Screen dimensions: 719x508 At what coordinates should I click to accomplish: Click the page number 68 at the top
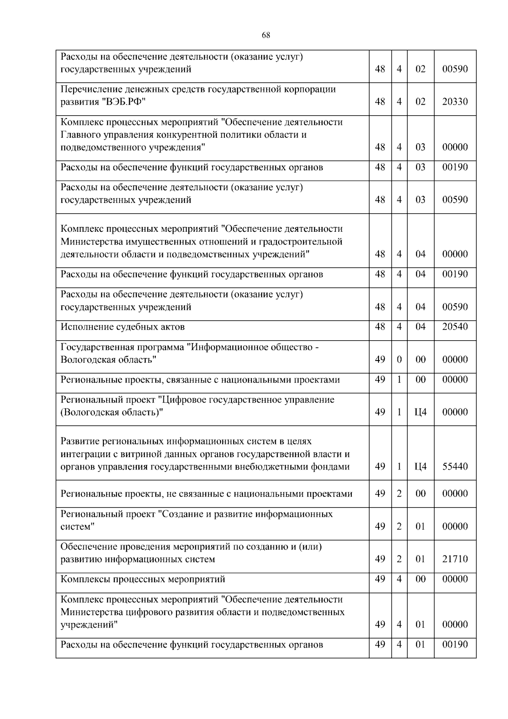click(266, 35)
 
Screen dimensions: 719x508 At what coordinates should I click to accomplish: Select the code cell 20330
click(455, 102)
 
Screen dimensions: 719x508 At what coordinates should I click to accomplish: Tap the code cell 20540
click(455, 327)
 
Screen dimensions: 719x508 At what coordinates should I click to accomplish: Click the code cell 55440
click(455, 466)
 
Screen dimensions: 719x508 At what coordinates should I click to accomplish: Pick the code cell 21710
click(455, 559)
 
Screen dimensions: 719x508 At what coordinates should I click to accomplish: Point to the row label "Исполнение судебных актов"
click(123, 327)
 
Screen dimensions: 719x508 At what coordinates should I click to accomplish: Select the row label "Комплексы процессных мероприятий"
click(143, 579)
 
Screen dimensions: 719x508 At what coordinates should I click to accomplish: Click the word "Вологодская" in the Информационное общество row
click(85, 360)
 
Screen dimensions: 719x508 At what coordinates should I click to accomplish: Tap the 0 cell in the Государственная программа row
click(399, 360)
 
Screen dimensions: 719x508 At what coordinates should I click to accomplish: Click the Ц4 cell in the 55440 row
click(420, 466)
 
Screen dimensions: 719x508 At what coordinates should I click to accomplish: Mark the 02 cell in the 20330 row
click(420, 102)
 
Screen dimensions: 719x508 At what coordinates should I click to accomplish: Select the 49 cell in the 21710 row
click(380, 559)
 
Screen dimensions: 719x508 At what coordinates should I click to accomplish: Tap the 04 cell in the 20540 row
click(420, 327)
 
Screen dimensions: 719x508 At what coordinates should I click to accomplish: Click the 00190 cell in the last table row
click(455, 644)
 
